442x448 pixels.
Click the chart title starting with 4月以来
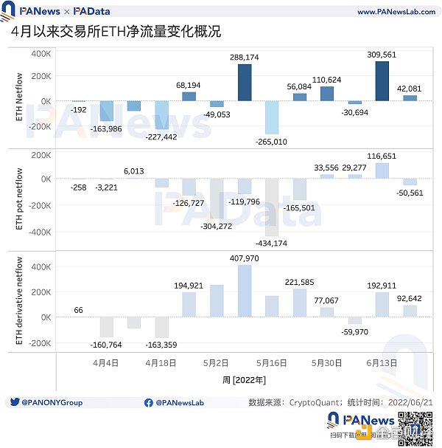116,33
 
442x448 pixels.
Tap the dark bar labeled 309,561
382,81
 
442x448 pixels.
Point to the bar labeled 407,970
245,291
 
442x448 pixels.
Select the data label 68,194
189,86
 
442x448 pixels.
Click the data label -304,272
217,226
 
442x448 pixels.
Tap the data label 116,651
382,156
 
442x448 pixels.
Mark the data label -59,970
355,331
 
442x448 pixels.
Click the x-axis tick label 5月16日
271,363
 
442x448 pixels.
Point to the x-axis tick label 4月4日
106,363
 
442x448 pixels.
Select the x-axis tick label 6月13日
382,363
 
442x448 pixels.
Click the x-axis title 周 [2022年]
244,379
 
